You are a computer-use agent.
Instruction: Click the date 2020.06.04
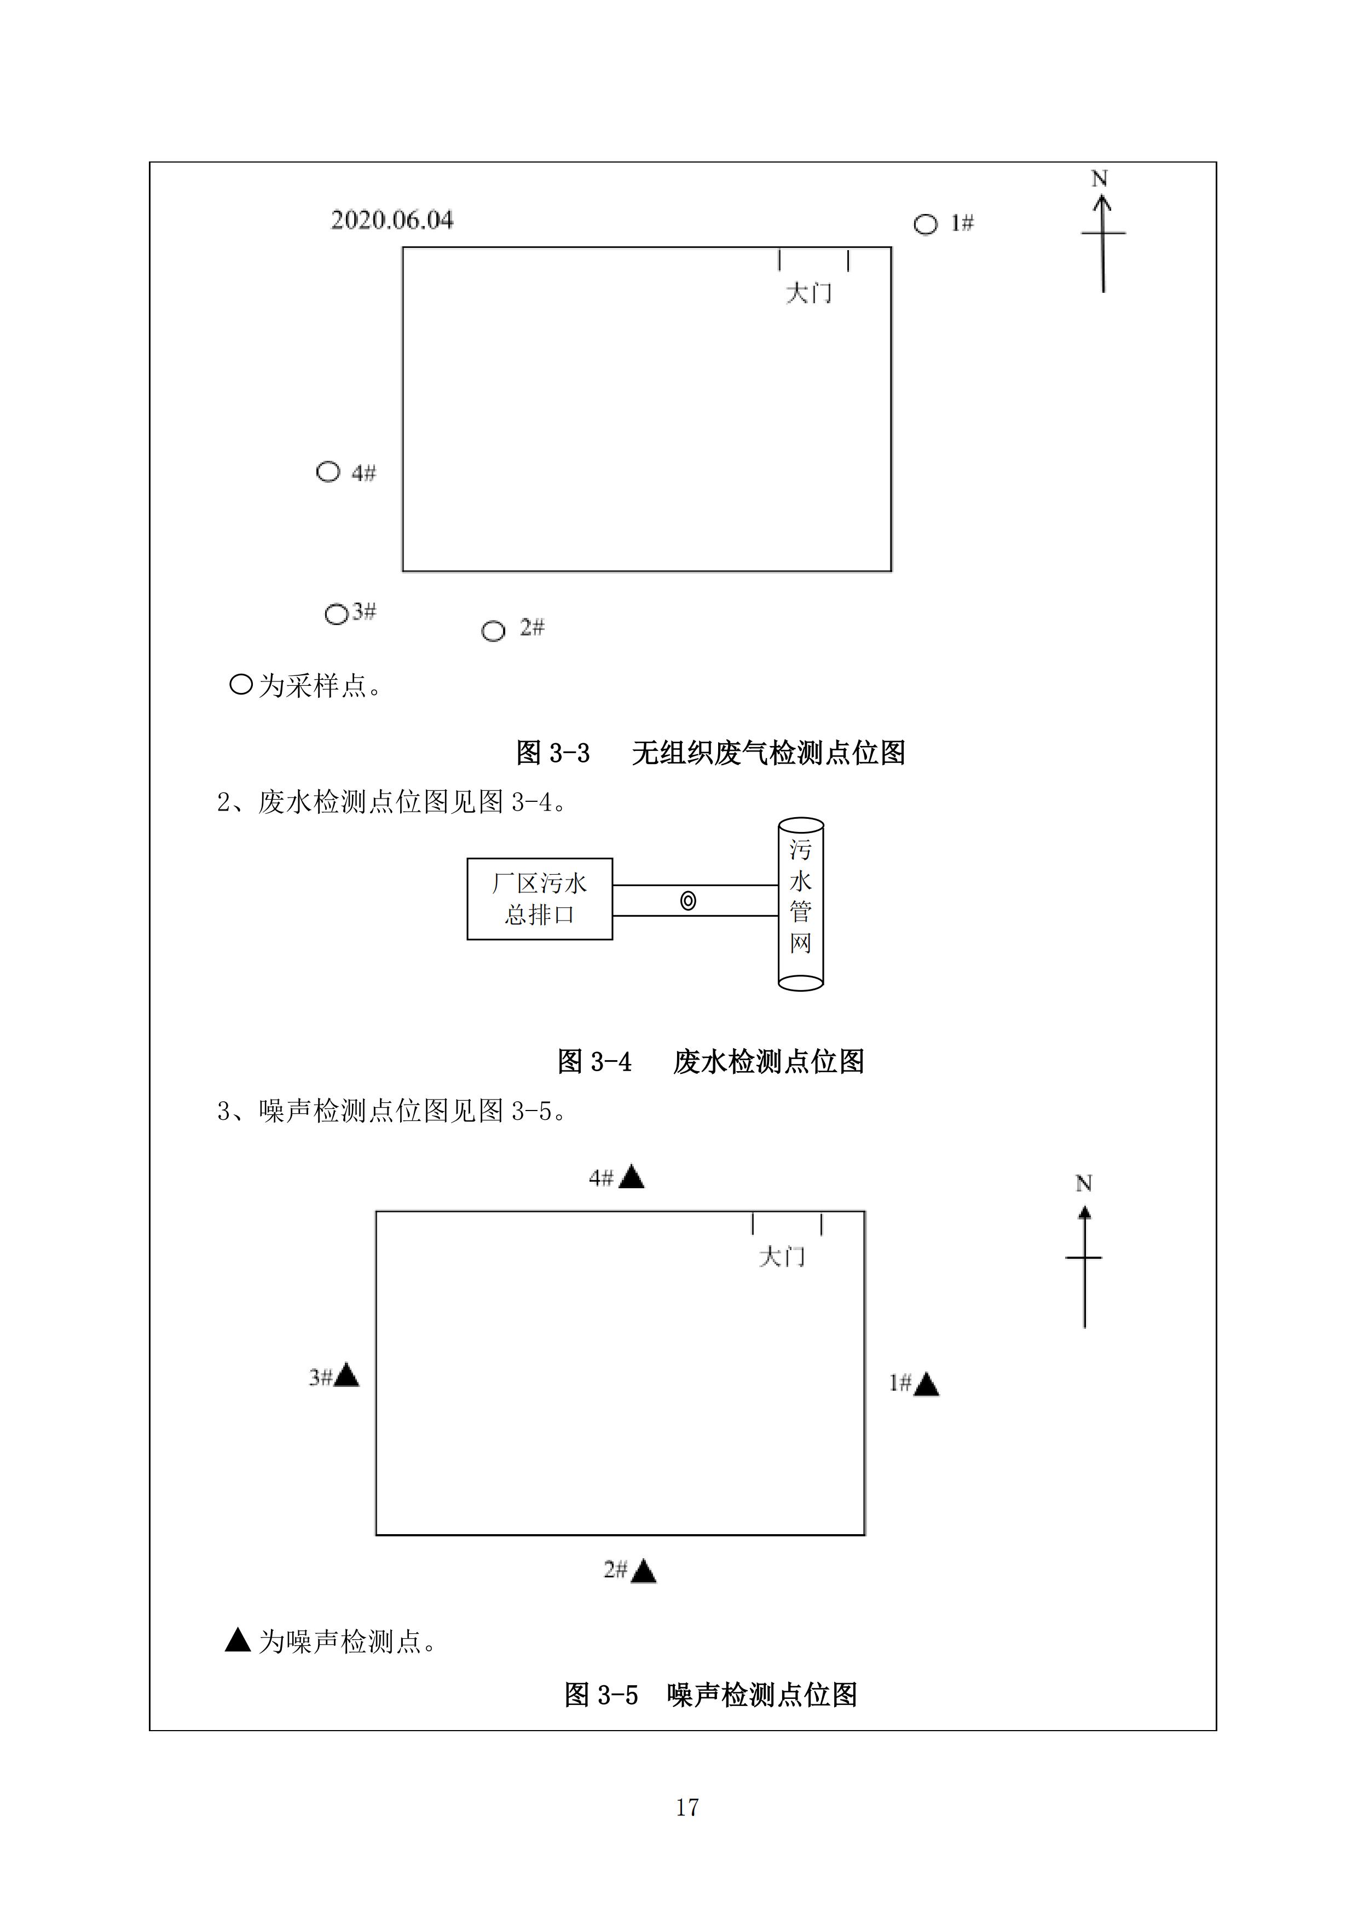(x=392, y=220)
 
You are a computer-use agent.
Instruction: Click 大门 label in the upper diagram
(x=808, y=293)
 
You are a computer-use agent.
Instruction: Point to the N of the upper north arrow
(x=1100, y=179)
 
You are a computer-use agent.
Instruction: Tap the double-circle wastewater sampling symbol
(x=688, y=901)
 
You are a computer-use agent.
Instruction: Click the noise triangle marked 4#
(x=631, y=1177)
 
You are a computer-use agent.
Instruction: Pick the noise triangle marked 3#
(x=346, y=1375)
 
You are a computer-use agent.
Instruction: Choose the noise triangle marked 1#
(x=927, y=1385)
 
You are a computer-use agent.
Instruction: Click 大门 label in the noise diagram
(x=782, y=1257)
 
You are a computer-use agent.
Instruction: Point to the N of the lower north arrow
(x=1084, y=1183)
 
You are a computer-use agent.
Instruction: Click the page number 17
(x=687, y=1807)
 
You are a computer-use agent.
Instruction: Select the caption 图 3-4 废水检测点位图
(x=711, y=1062)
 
